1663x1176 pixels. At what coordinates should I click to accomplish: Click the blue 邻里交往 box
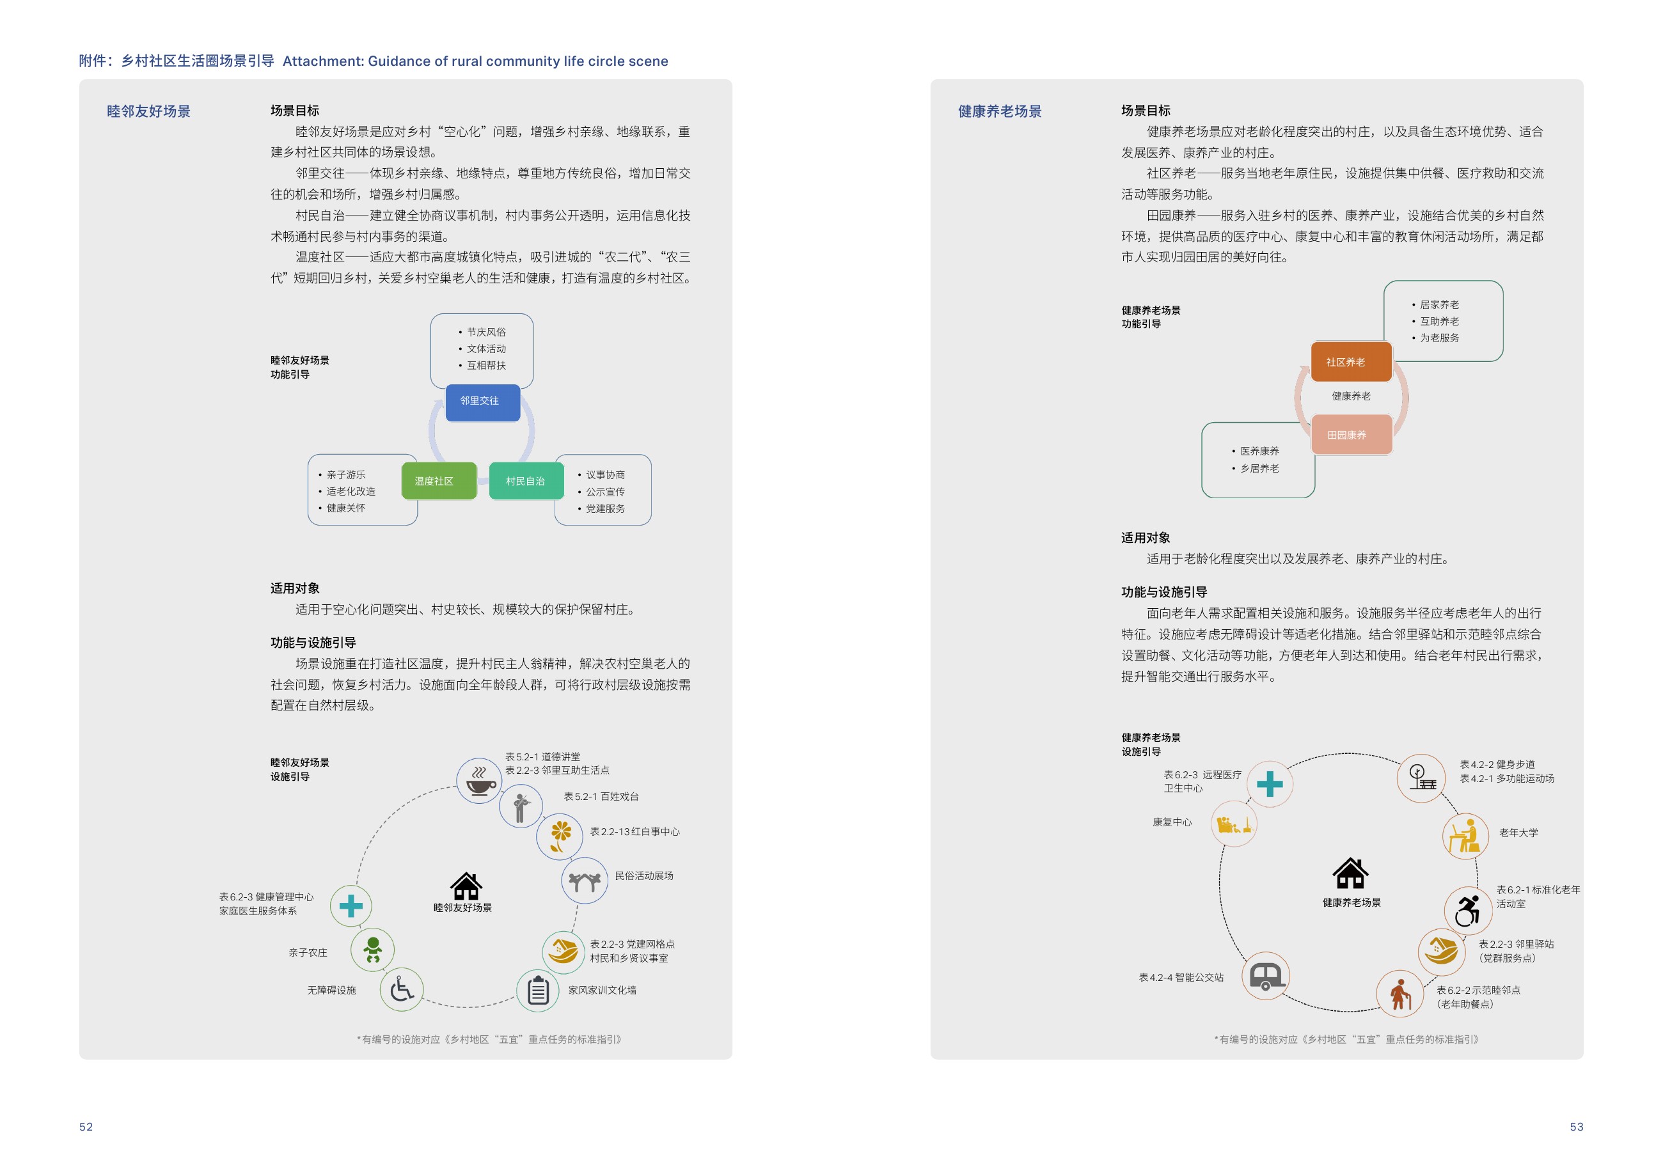[x=482, y=402]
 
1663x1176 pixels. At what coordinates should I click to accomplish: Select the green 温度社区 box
[x=439, y=481]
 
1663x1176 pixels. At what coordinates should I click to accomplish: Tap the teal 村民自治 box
[x=526, y=481]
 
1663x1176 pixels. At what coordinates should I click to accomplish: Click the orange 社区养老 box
[x=1351, y=361]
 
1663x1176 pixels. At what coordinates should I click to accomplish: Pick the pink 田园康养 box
[x=1351, y=434]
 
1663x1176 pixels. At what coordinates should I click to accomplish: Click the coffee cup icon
[x=480, y=781]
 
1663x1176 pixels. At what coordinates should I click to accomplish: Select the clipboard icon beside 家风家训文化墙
[x=538, y=991]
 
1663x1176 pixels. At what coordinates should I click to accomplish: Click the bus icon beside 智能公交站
[x=1266, y=976]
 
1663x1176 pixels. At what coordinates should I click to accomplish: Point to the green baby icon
[x=373, y=950]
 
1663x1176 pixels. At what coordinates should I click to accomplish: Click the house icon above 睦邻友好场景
[x=466, y=886]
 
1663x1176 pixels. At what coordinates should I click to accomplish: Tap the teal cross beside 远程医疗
[x=1270, y=783]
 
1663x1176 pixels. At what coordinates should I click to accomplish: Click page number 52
[x=86, y=1127]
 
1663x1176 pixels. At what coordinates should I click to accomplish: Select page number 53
[x=1576, y=1127]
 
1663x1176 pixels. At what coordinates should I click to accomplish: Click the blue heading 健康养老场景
[x=1000, y=111]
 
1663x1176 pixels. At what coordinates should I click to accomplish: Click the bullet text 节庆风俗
[x=487, y=333]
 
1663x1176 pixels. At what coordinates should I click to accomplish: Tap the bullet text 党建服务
[x=606, y=508]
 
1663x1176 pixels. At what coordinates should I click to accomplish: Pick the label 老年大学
[x=1518, y=833]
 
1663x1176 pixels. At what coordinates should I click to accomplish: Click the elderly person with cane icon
[x=1400, y=994]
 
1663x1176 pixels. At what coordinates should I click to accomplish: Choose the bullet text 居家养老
[x=1439, y=305]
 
